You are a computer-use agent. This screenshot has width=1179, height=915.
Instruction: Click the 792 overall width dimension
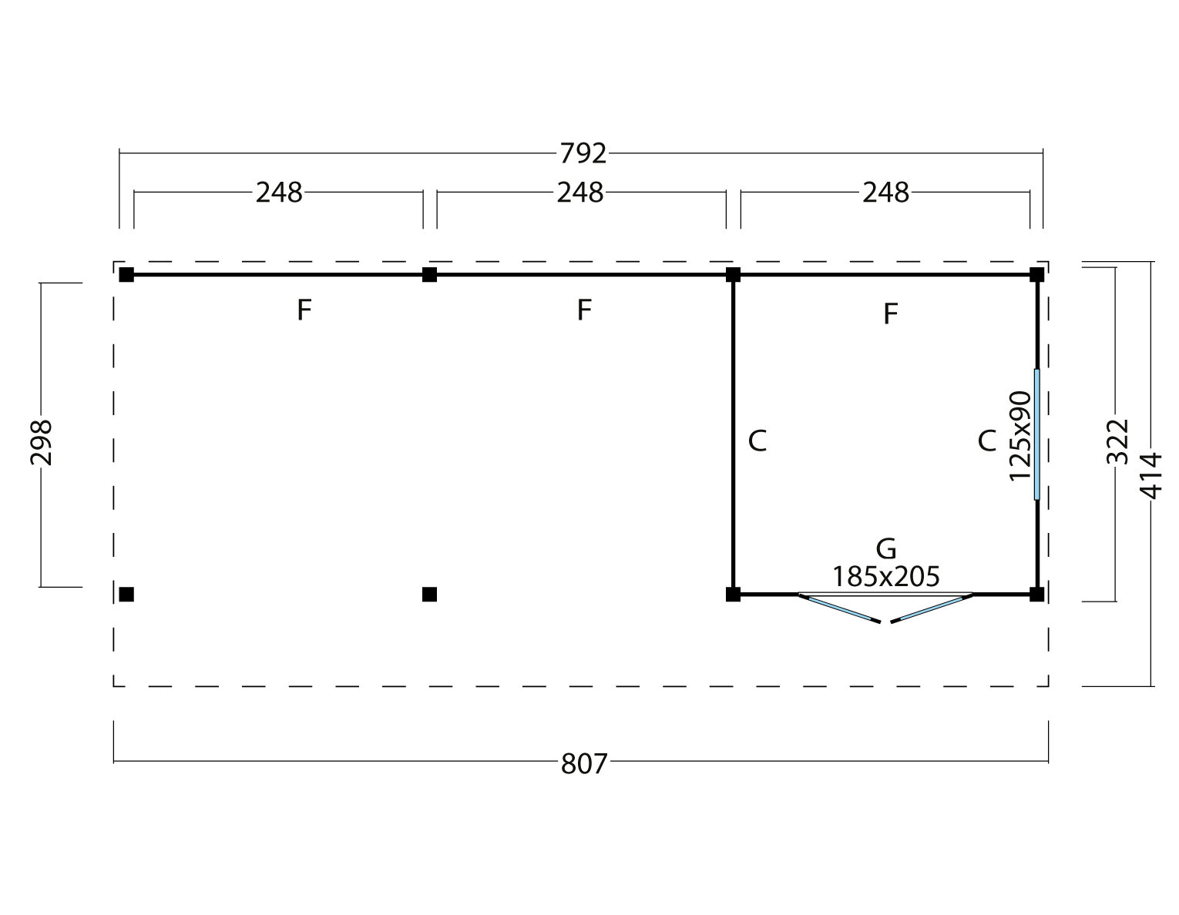tap(583, 154)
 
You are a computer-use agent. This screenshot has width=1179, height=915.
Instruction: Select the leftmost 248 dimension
tap(279, 193)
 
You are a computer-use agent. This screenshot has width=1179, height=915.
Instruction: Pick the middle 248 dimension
tap(580, 193)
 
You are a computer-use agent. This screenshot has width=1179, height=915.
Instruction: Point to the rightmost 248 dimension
tap(885, 193)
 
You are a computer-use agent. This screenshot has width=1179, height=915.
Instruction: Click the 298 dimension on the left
tap(42, 441)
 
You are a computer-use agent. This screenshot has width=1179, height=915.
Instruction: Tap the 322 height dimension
tap(1117, 441)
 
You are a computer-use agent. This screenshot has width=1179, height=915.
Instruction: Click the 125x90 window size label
tap(1019, 435)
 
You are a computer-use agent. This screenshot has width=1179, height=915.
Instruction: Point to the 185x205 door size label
tap(885, 576)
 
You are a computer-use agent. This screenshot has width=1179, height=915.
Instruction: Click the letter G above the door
tap(886, 549)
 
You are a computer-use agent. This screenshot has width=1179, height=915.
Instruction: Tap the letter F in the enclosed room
tap(890, 314)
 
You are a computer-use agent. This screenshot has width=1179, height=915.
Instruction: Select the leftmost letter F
tap(304, 310)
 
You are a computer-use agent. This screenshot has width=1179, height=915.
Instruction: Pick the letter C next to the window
tap(986, 441)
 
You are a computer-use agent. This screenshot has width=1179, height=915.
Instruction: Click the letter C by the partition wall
tap(757, 441)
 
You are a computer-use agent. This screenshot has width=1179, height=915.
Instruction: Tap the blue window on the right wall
tap(1037, 434)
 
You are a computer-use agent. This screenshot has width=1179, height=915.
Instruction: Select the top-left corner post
tap(127, 274)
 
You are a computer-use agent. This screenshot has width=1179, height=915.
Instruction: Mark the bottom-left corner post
tap(127, 594)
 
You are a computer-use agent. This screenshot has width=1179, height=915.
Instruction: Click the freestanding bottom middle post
tap(430, 594)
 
